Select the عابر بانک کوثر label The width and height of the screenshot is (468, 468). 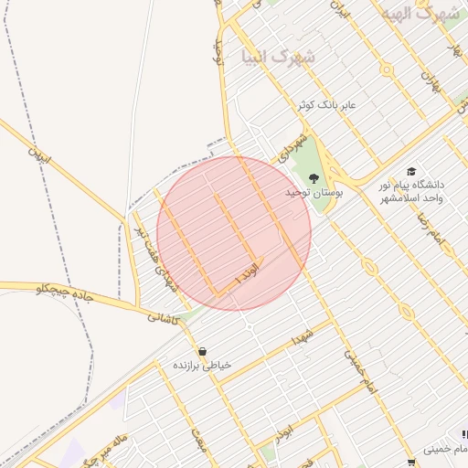[324, 106]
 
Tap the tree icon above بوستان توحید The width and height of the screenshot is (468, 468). [314, 178]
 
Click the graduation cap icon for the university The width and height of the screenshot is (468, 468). [412, 172]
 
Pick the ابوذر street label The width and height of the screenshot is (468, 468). [285, 428]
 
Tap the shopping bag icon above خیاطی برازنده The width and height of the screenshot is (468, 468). [202, 351]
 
